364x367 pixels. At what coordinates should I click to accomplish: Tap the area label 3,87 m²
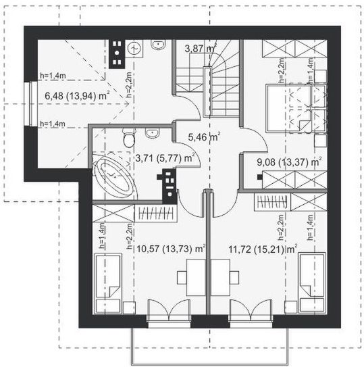point(200,49)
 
